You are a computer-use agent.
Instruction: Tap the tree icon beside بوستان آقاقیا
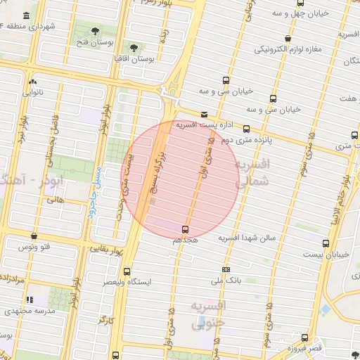pos(134,48)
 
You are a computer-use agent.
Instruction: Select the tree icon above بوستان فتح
pos(95,31)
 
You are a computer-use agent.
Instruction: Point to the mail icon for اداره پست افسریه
pos(204,114)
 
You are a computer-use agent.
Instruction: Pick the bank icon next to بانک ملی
pos(226,269)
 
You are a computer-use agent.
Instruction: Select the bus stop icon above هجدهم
pos(186,229)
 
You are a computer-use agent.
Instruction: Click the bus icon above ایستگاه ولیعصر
pos(127,271)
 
